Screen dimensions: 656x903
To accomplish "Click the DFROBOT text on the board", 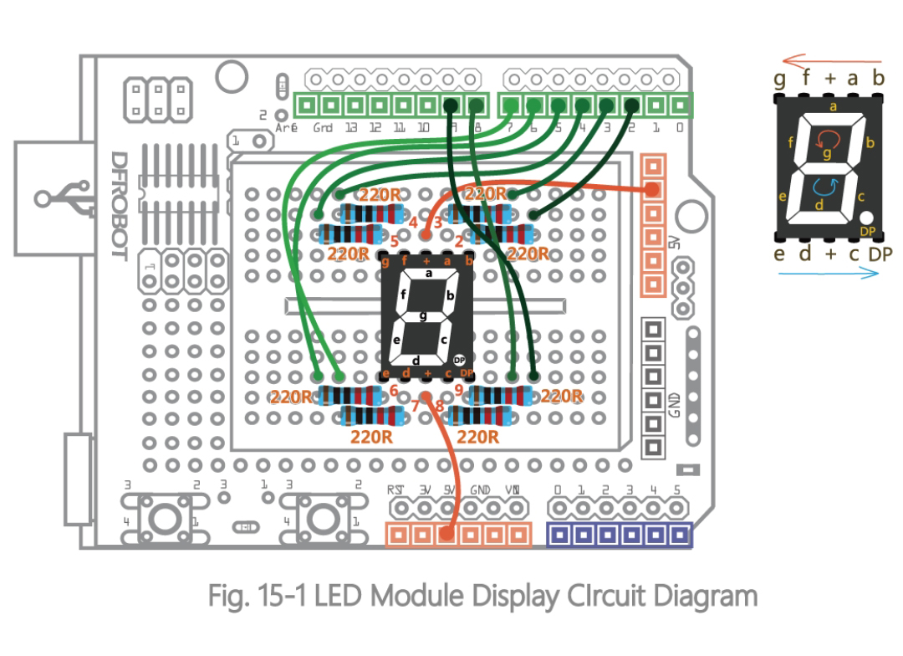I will pos(119,205).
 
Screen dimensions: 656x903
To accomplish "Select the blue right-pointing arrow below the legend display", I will pos(829,274).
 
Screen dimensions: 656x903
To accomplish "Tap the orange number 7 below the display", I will pos(415,407).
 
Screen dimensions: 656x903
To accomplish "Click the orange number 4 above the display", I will pos(413,222).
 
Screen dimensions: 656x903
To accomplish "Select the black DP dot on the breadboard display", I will pos(458,357).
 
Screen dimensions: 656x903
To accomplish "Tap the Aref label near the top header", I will pos(286,128).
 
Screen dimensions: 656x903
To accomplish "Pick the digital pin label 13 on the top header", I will pos(351,128).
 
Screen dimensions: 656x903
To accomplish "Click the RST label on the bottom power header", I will pos(395,489).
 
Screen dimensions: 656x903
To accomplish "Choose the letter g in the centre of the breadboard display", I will pos(424,315).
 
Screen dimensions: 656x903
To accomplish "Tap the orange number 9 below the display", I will pos(459,388).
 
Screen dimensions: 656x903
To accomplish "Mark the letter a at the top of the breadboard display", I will pos(428,273).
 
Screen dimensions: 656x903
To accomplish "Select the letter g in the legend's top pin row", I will pos(780,79).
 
